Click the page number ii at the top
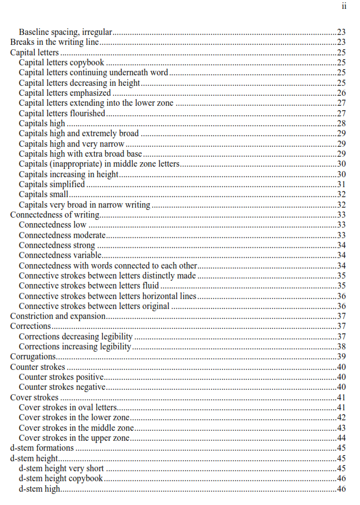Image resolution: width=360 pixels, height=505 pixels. [x=344, y=7]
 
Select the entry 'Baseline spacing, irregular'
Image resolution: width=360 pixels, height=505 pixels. [x=66, y=32]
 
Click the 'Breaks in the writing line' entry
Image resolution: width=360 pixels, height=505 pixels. [x=54, y=42]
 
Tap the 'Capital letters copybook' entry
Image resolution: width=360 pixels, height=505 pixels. [x=61, y=63]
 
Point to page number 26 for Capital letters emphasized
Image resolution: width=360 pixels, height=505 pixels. [x=341, y=93]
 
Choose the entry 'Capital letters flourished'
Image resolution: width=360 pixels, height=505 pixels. [x=62, y=113]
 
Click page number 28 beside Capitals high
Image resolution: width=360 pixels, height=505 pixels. [x=341, y=123]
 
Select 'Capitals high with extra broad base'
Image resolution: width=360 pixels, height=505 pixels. [x=80, y=153]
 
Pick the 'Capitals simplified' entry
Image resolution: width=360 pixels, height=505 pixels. [x=52, y=184]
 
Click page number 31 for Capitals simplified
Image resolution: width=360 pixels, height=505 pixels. [x=341, y=184]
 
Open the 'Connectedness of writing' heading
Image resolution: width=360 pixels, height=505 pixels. [x=55, y=215]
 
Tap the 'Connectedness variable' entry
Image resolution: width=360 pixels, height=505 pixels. [x=60, y=255]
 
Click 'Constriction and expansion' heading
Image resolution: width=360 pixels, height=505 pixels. [x=58, y=316]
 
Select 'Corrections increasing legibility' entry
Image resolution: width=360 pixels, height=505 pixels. [x=75, y=347]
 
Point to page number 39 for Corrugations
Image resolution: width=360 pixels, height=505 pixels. [x=341, y=357]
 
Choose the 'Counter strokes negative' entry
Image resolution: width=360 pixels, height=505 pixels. [x=62, y=387]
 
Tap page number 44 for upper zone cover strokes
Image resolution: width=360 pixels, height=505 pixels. [x=341, y=438]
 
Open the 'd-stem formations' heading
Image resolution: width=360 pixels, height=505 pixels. [x=42, y=448]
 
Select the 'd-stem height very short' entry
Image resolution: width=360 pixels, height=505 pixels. [x=61, y=468]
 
